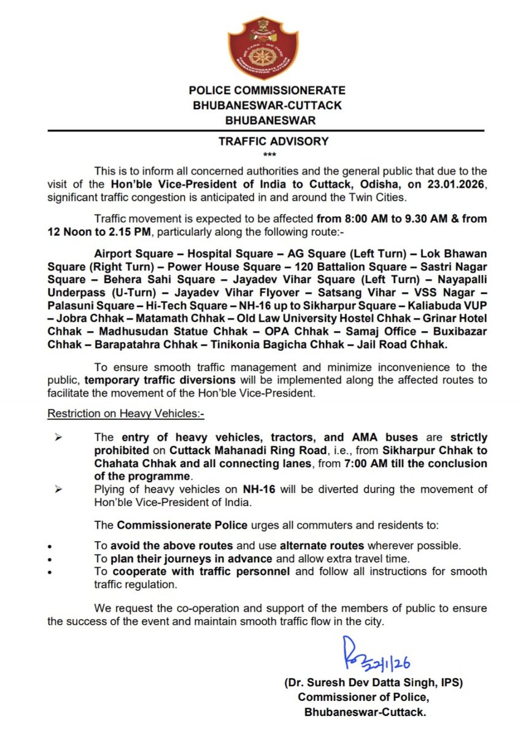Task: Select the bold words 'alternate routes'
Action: [322, 546]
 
